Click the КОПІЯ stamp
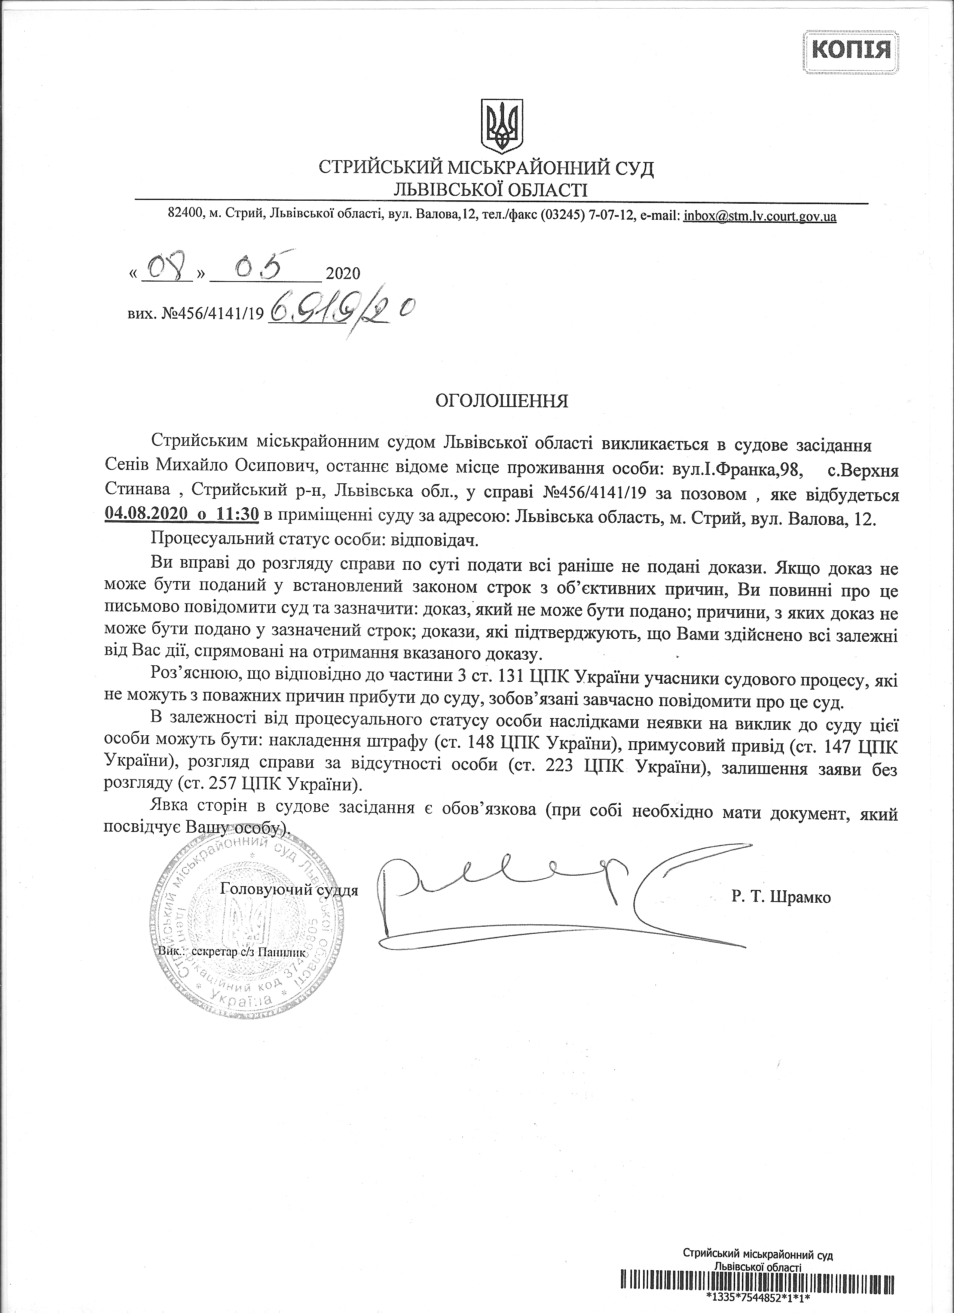(x=851, y=51)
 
